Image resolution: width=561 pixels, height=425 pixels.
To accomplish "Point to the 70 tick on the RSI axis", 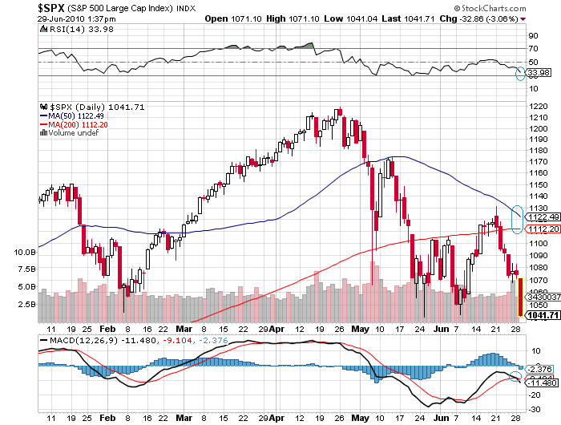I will (531, 49).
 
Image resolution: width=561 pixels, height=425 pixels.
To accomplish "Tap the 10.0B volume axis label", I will (24, 252).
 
